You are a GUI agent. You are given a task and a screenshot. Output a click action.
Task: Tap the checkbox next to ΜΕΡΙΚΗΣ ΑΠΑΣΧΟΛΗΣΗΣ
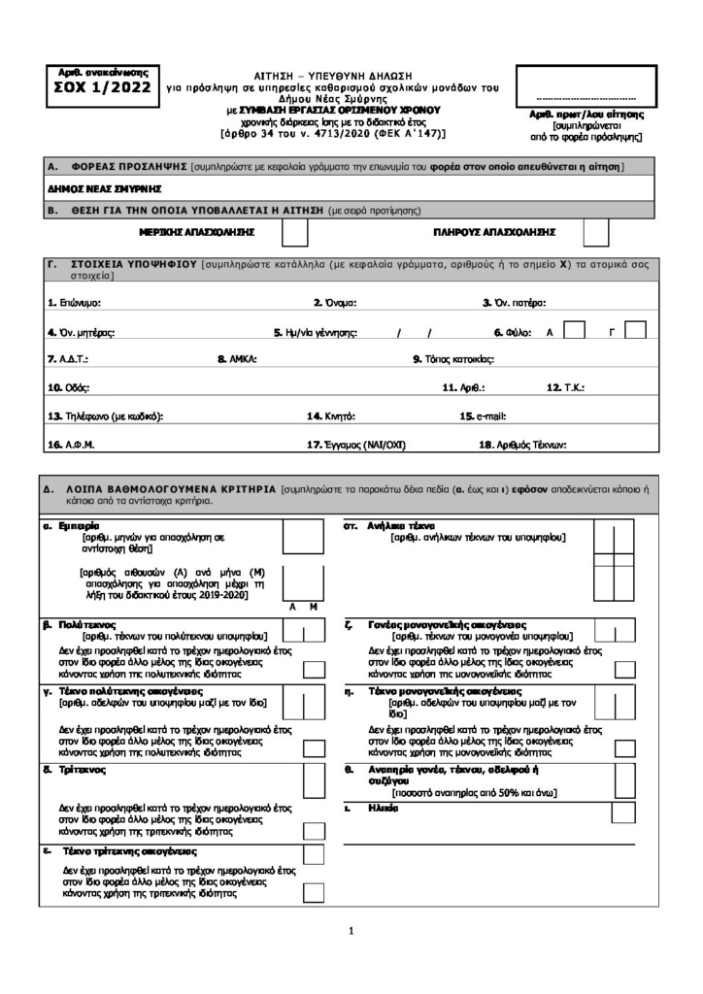coord(294,233)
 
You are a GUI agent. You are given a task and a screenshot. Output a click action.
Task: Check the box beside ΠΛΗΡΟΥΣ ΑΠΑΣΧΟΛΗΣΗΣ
coord(596,233)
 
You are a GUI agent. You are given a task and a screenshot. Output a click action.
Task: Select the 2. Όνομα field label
coord(338,303)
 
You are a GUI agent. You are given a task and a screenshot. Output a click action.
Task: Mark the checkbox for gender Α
coord(574,331)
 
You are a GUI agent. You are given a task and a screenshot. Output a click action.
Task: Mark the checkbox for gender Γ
coord(635,331)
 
